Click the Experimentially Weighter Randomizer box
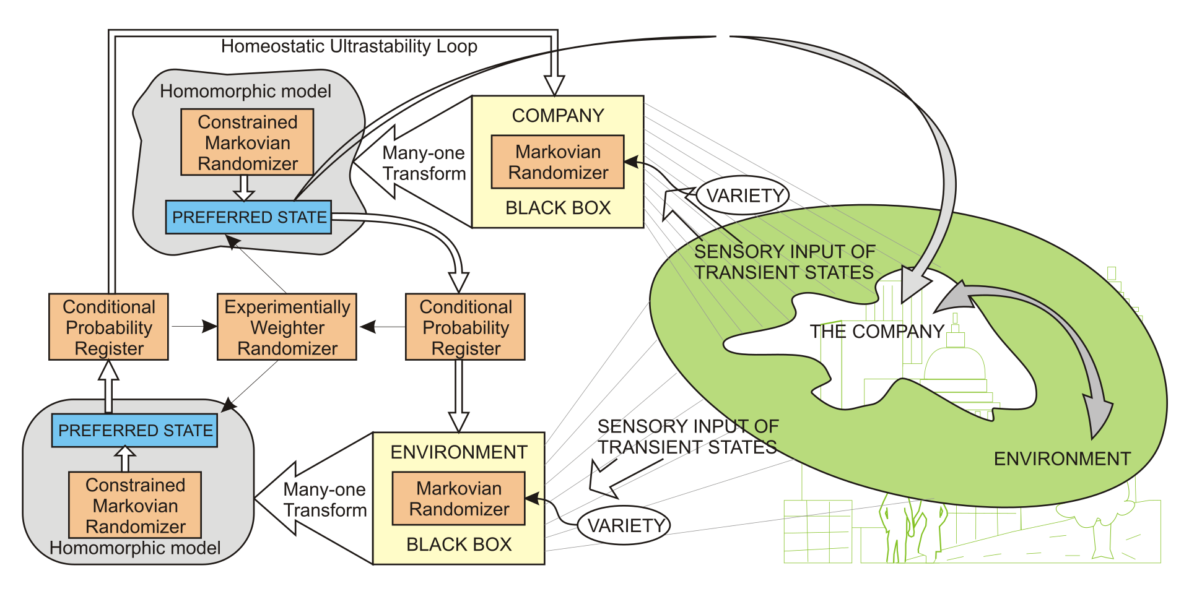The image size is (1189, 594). tap(287, 327)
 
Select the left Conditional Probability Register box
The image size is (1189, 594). tap(108, 327)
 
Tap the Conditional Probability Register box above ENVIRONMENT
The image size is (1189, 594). tap(465, 327)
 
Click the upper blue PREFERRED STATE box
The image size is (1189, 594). tap(248, 217)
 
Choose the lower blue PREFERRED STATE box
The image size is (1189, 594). tap(134, 430)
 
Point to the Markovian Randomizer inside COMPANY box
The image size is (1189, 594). tap(557, 161)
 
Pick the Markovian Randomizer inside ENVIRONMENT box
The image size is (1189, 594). tap(458, 498)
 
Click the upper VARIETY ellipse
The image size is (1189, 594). tap(743, 196)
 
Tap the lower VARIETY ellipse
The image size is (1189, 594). tap(624, 525)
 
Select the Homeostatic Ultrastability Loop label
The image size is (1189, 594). tap(349, 46)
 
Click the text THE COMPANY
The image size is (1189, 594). tap(877, 332)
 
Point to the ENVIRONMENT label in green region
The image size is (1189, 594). tap(1062, 458)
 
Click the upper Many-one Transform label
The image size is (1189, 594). tap(424, 163)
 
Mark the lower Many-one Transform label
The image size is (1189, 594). tap(325, 499)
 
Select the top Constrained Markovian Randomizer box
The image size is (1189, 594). tap(247, 142)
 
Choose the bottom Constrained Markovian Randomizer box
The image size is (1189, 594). tap(135, 505)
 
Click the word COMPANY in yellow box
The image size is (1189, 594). tap(558, 116)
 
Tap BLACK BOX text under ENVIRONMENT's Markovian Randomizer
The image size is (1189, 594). tap(459, 544)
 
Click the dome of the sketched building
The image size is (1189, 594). tap(954, 362)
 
